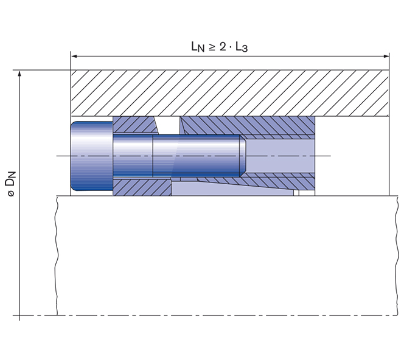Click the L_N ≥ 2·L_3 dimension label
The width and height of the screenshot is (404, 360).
click(x=230, y=47)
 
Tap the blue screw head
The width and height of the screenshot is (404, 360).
click(x=91, y=156)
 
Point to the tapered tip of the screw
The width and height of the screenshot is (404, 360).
click(x=242, y=156)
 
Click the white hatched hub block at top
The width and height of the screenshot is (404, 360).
click(x=230, y=92)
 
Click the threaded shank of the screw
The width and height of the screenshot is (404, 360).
click(x=195, y=156)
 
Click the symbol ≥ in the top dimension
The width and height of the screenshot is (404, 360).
click(x=213, y=47)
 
